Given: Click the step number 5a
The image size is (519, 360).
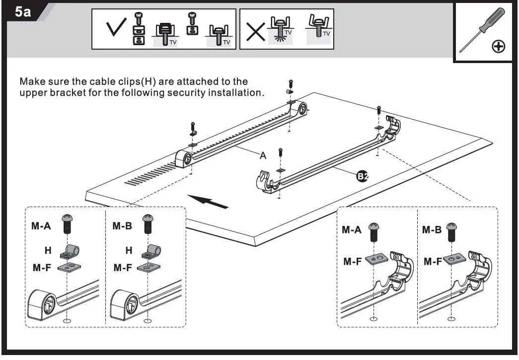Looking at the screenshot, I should point(23,12).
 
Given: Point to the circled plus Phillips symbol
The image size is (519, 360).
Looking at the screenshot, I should point(498,47).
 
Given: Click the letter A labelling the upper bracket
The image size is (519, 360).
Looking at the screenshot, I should point(263,155).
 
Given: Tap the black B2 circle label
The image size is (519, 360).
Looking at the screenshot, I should point(363,176).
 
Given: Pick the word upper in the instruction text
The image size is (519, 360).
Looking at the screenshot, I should point(32,93).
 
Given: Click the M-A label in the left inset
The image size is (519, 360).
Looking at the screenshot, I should point(41,226).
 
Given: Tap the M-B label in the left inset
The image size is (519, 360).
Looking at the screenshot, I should point(122,226).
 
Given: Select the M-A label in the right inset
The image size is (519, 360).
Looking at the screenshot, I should point(353,230).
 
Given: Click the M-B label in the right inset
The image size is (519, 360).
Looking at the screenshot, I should point(433,230).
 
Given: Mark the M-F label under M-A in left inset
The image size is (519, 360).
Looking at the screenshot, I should point(42,268).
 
